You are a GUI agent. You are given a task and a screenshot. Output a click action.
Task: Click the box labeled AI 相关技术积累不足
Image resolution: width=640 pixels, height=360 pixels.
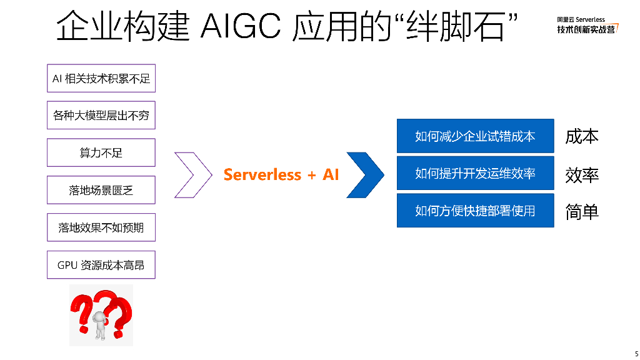101,78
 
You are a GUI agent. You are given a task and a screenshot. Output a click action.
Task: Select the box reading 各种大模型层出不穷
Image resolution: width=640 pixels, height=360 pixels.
101,115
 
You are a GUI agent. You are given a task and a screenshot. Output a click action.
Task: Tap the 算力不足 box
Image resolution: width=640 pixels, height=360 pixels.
101,152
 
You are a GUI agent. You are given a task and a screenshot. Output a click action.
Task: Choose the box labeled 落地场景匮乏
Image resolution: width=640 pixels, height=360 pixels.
101,190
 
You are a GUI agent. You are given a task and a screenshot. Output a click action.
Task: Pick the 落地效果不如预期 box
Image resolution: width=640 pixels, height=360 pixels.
101,227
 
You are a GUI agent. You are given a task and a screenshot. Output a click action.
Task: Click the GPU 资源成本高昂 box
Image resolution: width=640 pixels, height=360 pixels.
101,265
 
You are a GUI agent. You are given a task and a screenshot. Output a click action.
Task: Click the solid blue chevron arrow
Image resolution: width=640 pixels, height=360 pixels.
365,175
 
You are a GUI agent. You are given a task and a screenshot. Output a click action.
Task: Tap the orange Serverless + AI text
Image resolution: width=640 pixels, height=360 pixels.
281,175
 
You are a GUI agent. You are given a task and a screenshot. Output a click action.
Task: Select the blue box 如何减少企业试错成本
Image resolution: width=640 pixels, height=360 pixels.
476,136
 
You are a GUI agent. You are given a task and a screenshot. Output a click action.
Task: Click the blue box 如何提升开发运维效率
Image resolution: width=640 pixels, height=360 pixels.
476,173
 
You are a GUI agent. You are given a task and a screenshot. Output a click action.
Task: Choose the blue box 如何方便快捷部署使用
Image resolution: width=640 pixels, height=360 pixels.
476,211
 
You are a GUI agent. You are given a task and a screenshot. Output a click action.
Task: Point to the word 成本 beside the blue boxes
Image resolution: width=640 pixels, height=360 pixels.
582,136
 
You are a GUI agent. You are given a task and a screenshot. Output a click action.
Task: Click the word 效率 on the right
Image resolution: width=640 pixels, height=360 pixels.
582,175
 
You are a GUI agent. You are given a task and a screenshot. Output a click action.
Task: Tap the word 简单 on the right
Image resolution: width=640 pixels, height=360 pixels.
582,212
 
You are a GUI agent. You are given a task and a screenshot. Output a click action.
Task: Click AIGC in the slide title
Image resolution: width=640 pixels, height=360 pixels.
241,26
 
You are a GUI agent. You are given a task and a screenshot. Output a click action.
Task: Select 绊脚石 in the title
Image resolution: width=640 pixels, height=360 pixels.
456,26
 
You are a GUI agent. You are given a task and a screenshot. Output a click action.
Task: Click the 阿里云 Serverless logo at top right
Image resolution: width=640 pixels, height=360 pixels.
587,25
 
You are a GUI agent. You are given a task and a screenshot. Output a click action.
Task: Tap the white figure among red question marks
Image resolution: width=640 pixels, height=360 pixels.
100,325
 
